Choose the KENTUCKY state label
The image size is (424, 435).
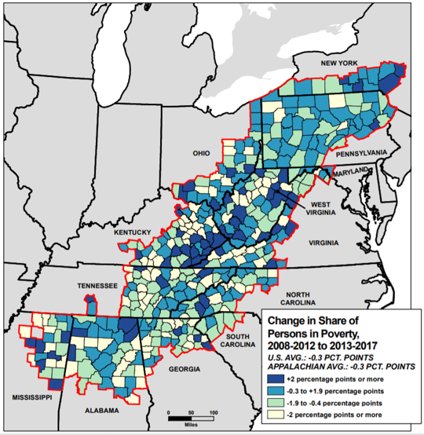coord(130,232)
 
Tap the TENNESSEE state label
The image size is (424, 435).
coord(97,286)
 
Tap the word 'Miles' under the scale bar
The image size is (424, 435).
coord(191,422)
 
